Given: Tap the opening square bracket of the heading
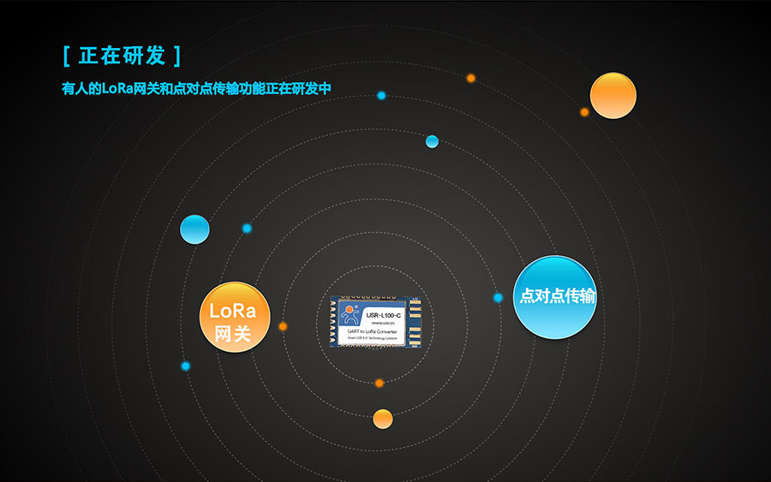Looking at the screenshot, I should (x=67, y=57).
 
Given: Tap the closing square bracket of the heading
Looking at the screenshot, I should (x=177, y=57).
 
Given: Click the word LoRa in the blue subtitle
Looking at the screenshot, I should (x=117, y=88).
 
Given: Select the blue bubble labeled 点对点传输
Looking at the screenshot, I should (x=554, y=297).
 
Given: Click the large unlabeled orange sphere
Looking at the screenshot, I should (x=613, y=95).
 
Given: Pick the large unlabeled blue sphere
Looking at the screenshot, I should (x=194, y=229).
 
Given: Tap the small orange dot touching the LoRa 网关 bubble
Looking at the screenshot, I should (x=283, y=326).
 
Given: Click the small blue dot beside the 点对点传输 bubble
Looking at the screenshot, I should (x=498, y=297).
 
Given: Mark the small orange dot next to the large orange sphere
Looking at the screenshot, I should (x=584, y=112).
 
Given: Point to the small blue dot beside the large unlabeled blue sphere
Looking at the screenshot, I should (x=247, y=228).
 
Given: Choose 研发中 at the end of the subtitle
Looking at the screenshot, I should (x=311, y=88).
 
